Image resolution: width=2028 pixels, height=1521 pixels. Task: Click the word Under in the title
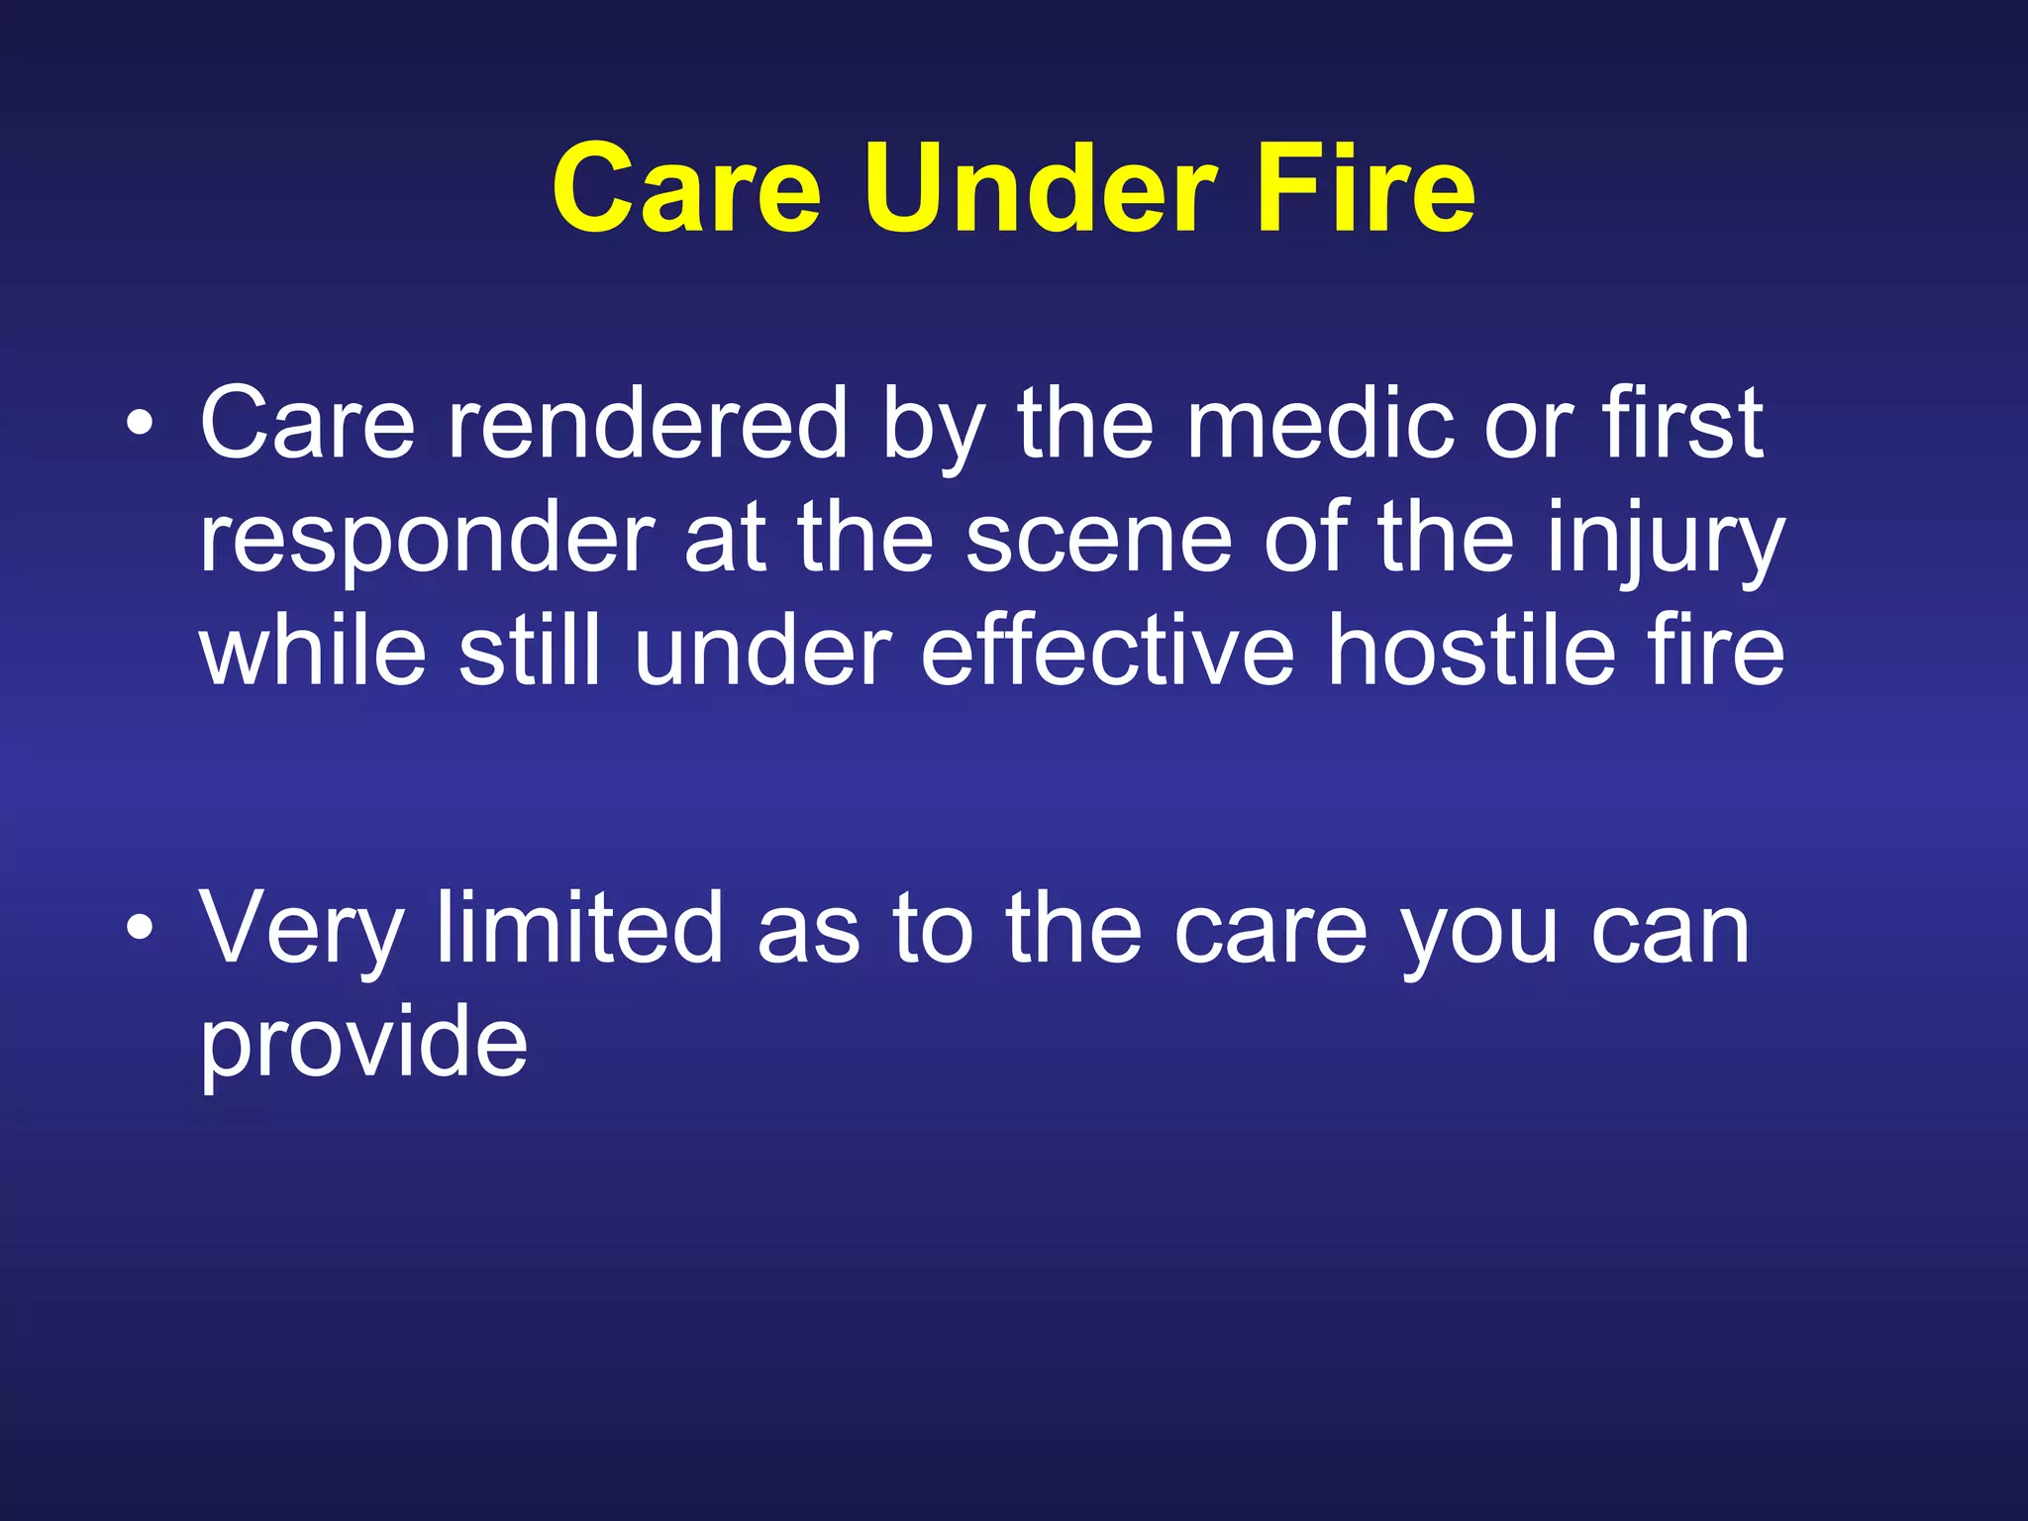click(1040, 188)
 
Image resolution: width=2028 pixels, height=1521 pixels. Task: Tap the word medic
click(1318, 424)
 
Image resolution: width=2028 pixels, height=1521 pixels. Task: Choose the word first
click(1682, 424)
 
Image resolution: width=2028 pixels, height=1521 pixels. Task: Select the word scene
click(1098, 540)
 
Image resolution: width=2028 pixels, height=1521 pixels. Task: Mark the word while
click(313, 651)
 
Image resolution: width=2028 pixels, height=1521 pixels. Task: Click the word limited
click(579, 927)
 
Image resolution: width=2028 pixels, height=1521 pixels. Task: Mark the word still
click(530, 651)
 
